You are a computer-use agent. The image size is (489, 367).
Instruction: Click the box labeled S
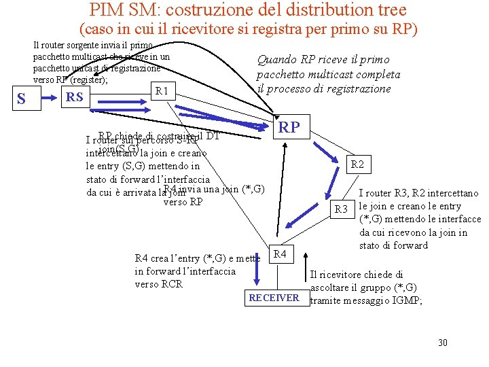(21, 99)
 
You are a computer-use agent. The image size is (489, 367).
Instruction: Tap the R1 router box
(162, 91)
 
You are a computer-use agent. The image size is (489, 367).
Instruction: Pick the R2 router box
(357, 164)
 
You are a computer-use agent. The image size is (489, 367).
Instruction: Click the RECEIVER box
(274, 298)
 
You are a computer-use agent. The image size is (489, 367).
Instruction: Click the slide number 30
(442, 343)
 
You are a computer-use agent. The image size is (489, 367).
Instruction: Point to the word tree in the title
(389, 10)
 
